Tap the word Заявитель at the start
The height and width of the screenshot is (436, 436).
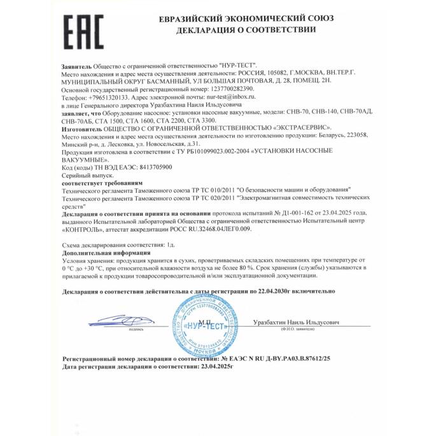76,66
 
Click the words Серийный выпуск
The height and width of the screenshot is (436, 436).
87,174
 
